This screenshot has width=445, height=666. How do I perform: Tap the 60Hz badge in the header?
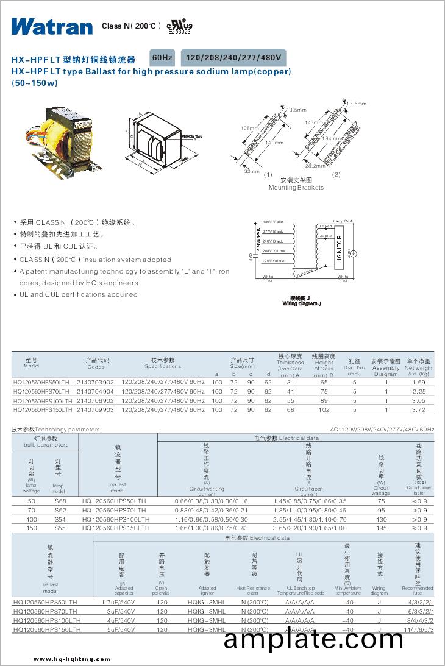click(x=163, y=57)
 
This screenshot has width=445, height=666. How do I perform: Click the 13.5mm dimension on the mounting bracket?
click(x=296, y=110)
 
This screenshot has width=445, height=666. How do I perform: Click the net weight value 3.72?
click(x=419, y=410)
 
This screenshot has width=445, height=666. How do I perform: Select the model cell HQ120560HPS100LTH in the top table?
click(x=42, y=401)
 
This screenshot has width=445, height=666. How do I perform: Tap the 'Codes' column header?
click(x=96, y=367)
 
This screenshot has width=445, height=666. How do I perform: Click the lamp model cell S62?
click(x=60, y=509)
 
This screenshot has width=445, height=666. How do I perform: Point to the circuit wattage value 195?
click(x=381, y=528)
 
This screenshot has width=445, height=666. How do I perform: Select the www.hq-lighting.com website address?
click(x=73, y=659)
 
